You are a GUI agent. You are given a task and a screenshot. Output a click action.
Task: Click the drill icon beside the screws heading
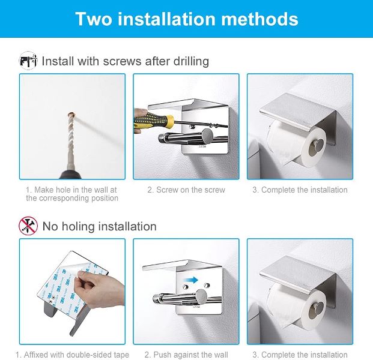pyautogui.click(x=28, y=61)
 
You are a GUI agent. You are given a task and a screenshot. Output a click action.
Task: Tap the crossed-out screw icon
pyautogui.click(x=28, y=226)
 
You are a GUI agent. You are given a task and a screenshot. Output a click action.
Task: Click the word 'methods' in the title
pyautogui.click(x=259, y=19)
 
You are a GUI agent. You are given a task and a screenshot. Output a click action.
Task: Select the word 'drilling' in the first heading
pyautogui.click(x=191, y=61)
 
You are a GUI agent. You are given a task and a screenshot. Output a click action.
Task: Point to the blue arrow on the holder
pyautogui.click(x=193, y=280)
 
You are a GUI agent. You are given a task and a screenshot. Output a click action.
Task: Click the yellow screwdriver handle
pyautogui.click(x=154, y=120)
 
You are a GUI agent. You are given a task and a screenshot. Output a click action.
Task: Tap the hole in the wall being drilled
pyautogui.click(x=71, y=115)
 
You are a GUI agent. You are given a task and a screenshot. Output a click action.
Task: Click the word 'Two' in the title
pyautogui.click(x=94, y=19)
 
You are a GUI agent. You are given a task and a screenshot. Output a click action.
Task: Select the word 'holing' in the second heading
pyautogui.click(x=78, y=226)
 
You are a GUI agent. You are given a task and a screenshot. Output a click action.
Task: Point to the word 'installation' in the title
pyautogui.click(x=166, y=19)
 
